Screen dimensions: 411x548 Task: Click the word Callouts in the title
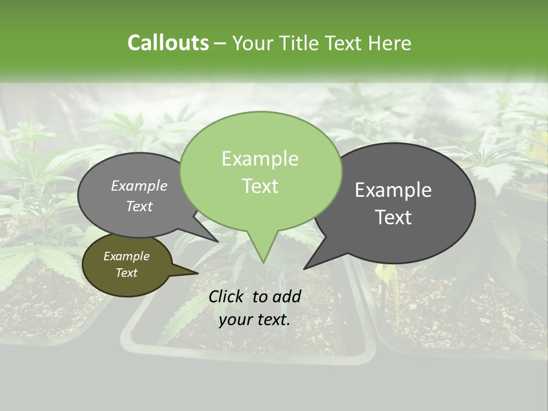pyautogui.click(x=168, y=43)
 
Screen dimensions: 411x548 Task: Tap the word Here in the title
pyautogui.click(x=389, y=43)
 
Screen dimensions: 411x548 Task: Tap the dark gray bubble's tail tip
pyautogui.click(x=304, y=268)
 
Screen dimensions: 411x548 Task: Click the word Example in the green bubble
pyautogui.click(x=260, y=159)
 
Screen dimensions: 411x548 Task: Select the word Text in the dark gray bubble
pyautogui.click(x=393, y=217)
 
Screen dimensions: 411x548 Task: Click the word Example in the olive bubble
pyautogui.click(x=126, y=256)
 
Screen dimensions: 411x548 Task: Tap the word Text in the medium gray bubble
pyautogui.click(x=139, y=206)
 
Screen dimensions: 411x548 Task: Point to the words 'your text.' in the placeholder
pyautogui.click(x=255, y=320)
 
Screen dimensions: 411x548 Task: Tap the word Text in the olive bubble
pyautogui.click(x=126, y=273)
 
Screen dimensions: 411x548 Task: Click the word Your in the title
pyautogui.click(x=252, y=43)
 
